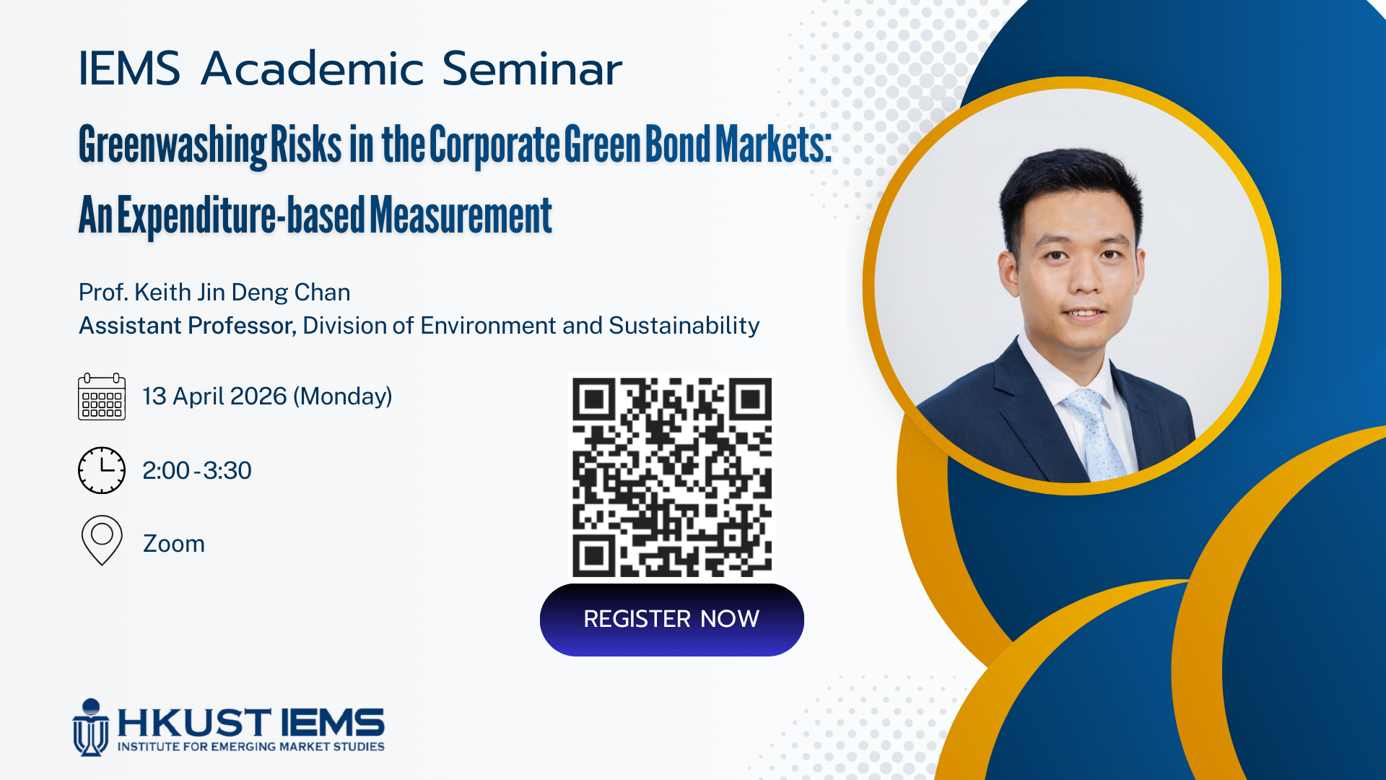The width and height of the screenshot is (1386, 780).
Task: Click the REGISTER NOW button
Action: click(671, 620)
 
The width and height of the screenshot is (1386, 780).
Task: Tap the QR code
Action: click(672, 477)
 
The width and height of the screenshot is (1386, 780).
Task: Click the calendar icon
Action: click(102, 396)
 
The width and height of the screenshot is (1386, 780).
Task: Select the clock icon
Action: click(102, 470)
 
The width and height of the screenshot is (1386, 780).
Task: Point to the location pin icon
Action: click(102, 540)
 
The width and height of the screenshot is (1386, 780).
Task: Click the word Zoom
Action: click(174, 543)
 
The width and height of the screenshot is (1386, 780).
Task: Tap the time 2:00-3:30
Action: click(197, 470)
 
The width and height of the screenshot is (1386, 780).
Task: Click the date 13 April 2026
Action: click(215, 396)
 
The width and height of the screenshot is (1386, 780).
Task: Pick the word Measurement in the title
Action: click(461, 214)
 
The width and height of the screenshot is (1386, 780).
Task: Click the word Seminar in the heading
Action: click(532, 69)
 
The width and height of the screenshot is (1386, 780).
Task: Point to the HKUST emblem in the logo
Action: click(90, 727)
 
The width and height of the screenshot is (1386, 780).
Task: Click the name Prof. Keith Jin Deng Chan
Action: click(214, 292)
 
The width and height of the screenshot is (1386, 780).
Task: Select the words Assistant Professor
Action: click(187, 326)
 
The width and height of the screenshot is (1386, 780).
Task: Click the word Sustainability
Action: click(684, 326)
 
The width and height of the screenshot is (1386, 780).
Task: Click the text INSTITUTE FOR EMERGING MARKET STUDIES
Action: click(251, 747)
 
